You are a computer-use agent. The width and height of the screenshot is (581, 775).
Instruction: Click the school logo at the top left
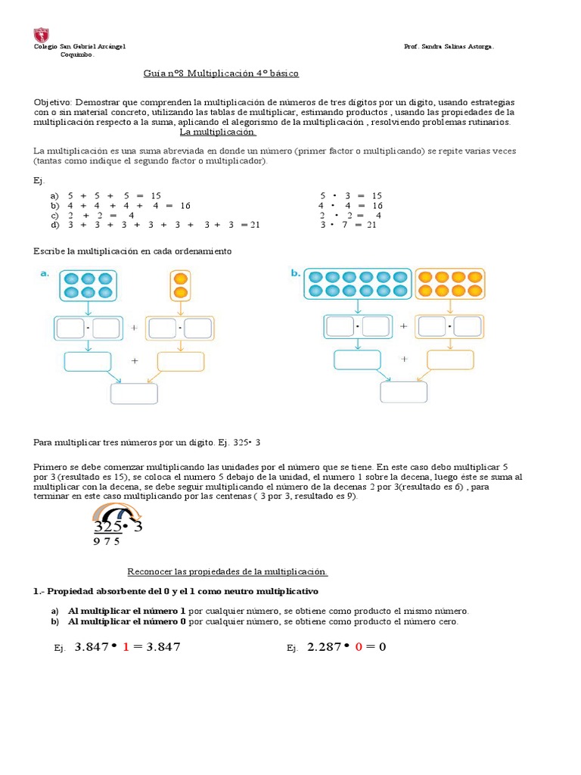coord(42,35)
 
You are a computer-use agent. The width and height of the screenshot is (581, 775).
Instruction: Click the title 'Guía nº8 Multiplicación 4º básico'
coord(221,73)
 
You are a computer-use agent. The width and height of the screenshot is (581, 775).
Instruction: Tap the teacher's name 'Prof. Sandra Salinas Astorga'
coord(449,47)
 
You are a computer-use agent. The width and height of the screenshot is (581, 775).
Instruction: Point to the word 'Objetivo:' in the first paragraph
coord(52,102)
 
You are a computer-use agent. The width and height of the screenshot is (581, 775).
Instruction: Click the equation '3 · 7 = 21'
coord(348,225)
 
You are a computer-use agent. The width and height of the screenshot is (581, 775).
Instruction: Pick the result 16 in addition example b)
coord(185,205)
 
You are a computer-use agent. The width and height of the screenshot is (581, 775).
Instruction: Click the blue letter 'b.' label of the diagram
coord(295,274)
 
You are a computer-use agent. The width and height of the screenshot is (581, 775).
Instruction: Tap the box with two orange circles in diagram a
coord(180,285)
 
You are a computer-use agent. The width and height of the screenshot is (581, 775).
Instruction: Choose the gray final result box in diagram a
coord(134,394)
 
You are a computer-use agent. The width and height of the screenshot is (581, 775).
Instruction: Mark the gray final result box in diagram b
coord(403,392)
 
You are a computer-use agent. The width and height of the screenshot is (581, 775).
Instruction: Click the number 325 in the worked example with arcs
coord(108,527)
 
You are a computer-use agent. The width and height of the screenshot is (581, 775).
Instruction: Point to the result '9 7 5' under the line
coord(107,541)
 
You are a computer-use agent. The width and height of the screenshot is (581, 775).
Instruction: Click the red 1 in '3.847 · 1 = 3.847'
coord(126,647)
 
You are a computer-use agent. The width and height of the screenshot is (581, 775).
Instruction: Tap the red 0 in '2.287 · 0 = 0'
coord(359,647)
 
